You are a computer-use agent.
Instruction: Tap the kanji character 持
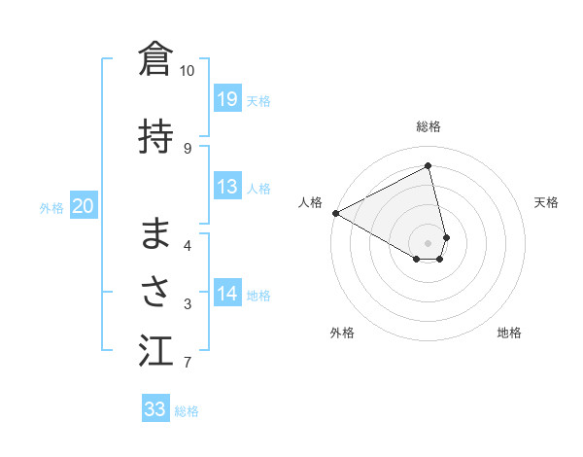pyautogui.click(x=155, y=137)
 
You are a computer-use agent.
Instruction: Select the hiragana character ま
pyautogui.click(x=155, y=233)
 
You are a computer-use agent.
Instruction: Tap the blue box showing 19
pyautogui.click(x=227, y=99)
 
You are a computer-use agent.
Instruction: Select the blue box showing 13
pyautogui.click(x=227, y=187)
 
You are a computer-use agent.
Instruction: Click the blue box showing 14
pyautogui.click(x=227, y=295)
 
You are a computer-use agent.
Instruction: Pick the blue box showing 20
pyautogui.click(x=84, y=206)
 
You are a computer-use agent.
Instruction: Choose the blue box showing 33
pyautogui.click(x=155, y=409)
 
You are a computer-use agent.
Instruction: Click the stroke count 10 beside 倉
pyautogui.click(x=188, y=70)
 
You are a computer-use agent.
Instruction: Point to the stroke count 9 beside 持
pyautogui.click(x=188, y=148)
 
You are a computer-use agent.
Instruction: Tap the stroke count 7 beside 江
pyautogui.click(x=188, y=364)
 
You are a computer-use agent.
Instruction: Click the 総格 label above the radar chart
pyautogui.click(x=429, y=126)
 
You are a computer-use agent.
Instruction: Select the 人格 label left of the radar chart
pyautogui.click(x=311, y=202)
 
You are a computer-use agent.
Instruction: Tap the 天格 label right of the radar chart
pyautogui.click(x=547, y=202)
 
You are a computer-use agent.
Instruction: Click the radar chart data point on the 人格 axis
pyautogui.click(x=335, y=212)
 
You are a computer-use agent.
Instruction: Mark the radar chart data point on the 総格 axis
pyautogui.click(x=429, y=165)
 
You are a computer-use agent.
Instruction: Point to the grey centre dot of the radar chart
pyautogui.click(x=429, y=242)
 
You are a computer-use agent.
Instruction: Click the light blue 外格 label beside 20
pyautogui.click(x=51, y=207)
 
